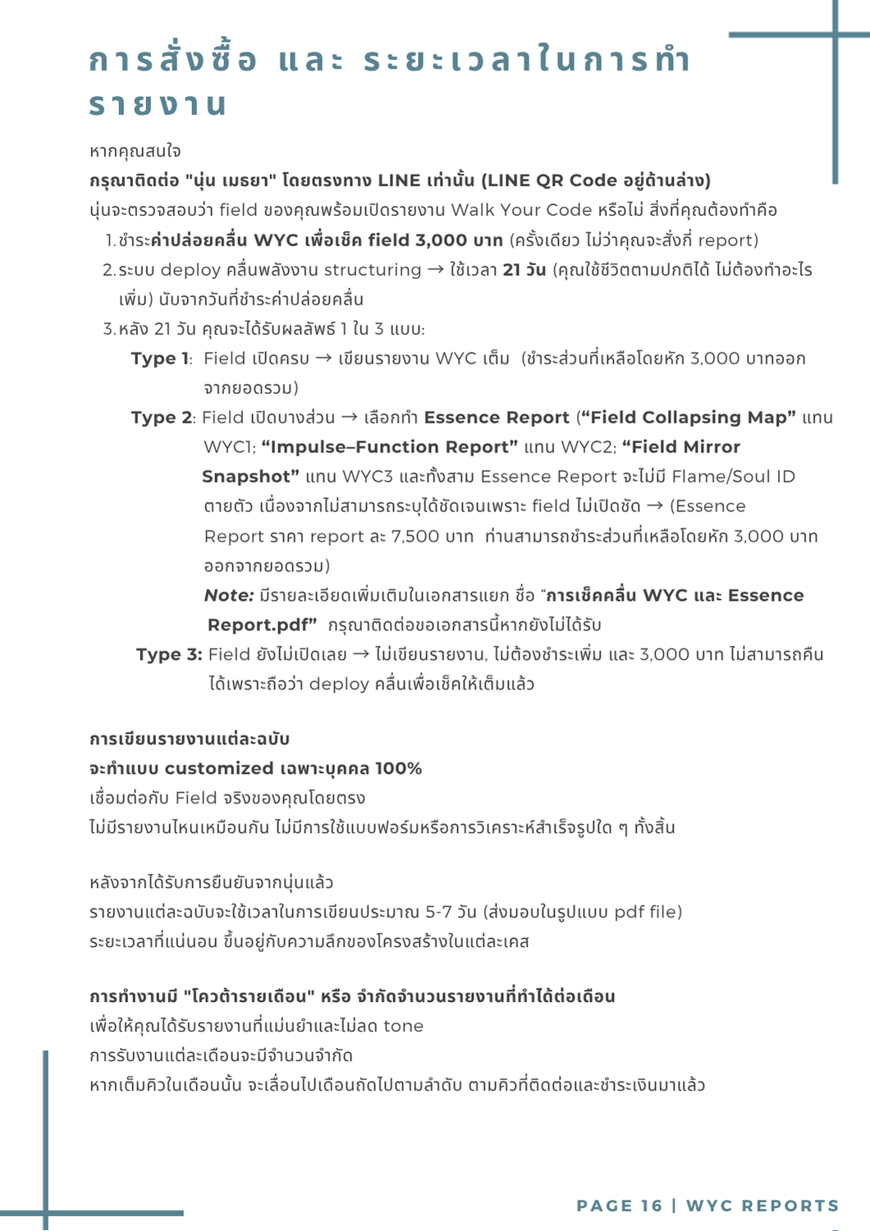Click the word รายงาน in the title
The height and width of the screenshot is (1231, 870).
point(158,105)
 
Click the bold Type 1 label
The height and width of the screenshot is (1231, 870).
point(160,359)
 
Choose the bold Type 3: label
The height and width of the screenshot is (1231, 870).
point(169,655)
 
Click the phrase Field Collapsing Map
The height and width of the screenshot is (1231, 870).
point(687,418)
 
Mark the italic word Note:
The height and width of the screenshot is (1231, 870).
point(228,596)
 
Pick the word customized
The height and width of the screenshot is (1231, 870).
point(219,769)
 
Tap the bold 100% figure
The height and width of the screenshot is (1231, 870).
point(398,769)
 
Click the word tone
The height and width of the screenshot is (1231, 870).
point(403,1027)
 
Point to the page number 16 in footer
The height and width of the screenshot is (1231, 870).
point(652,1206)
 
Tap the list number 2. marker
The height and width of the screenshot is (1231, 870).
point(109,270)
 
